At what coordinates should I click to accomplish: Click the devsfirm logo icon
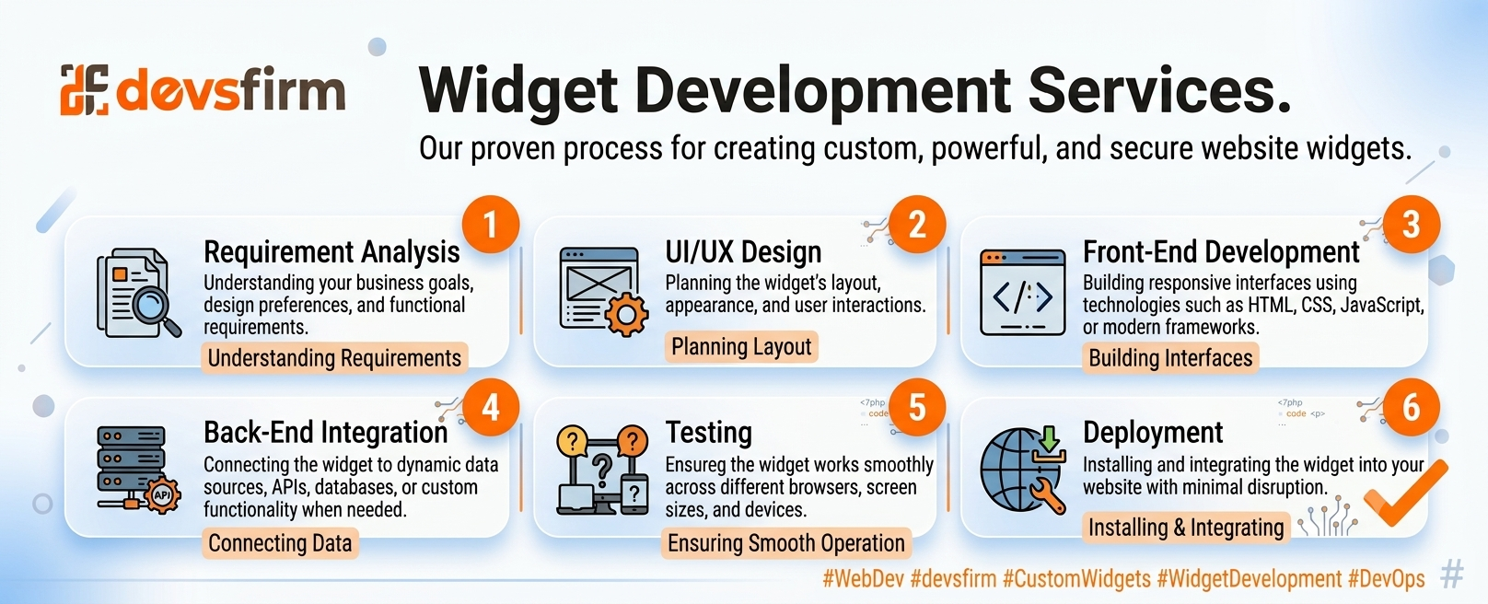click(x=85, y=89)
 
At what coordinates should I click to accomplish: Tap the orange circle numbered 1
click(x=490, y=225)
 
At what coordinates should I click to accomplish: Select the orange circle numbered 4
click(x=490, y=407)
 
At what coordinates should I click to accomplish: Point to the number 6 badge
click(x=1411, y=407)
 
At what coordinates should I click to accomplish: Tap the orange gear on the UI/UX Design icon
click(x=626, y=314)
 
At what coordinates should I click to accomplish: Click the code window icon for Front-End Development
click(x=1022, y=293)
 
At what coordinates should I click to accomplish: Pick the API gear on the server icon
click(x=162, y=494)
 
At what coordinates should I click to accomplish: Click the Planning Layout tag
click(x=741, y=347)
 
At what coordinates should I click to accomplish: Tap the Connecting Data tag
click(x=280, y=543)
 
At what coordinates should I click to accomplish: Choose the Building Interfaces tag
click(x=1170, y=358)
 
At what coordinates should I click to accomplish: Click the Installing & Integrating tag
click(x=1186, y=528)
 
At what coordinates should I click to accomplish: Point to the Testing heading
click(x=709, y=433)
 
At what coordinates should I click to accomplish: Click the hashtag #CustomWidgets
click(x=1076, y=579)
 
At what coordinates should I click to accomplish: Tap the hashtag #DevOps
click(x=1387, y=579)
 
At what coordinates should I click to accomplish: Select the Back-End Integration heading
click(x=326, y=433)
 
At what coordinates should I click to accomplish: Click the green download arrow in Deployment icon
click(x=1049, y=438)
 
